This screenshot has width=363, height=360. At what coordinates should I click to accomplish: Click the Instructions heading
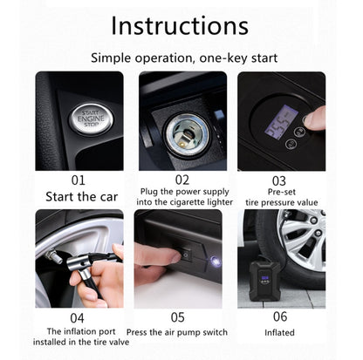(x=180, y=25)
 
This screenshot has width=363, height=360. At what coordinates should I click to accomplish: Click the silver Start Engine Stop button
(x=91, y=119)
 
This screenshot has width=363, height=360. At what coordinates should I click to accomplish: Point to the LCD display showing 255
(x=280, y=122)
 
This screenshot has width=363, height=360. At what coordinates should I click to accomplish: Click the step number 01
(x=79, y=180)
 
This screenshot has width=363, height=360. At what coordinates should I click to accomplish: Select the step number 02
(x=182, y=180)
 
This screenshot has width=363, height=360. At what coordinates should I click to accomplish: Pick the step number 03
(x=279, y=181)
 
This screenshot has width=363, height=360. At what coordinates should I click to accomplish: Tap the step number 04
(x=77, y=318)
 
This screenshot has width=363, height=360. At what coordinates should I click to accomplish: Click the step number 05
(x=177, y=317)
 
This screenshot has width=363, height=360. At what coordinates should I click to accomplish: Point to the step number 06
(x=280, y=316)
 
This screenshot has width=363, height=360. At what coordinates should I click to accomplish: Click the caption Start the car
(x=82, y=197)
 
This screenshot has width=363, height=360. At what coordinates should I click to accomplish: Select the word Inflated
(x=279, y=332)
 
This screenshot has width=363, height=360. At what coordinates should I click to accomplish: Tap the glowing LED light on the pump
(x=215, y=261)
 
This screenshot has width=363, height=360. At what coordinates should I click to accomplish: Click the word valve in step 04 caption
(x=119, y=342)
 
